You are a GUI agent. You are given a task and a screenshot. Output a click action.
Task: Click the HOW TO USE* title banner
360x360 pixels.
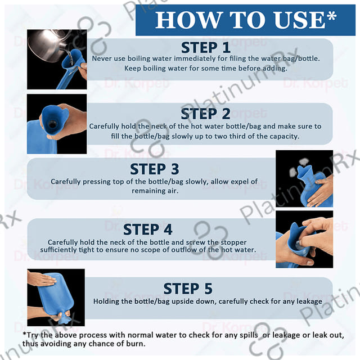245,20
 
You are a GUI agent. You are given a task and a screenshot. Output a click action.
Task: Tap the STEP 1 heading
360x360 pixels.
206,48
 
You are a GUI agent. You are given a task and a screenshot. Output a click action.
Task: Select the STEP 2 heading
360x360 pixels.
205,114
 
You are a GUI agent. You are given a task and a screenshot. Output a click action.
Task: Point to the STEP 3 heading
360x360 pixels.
155,169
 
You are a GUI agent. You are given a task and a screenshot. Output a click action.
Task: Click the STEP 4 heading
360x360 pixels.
147,229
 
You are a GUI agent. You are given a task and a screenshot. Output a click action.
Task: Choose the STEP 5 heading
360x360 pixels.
188,289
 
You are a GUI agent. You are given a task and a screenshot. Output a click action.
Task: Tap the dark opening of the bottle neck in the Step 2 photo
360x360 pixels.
52,124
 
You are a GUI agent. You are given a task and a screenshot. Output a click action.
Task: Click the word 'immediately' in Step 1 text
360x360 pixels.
195,58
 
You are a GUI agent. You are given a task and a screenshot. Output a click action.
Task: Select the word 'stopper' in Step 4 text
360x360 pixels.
233,242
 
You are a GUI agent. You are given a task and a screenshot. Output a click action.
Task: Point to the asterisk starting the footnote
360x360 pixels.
24,334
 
